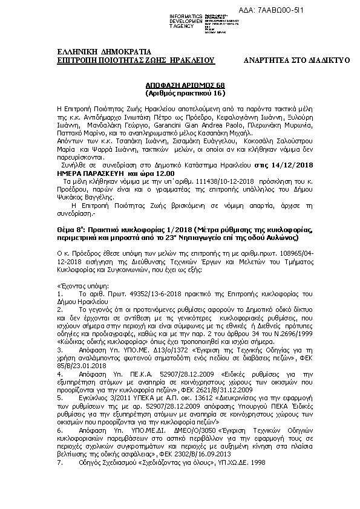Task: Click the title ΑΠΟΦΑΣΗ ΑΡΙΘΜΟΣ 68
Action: point(184,86)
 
